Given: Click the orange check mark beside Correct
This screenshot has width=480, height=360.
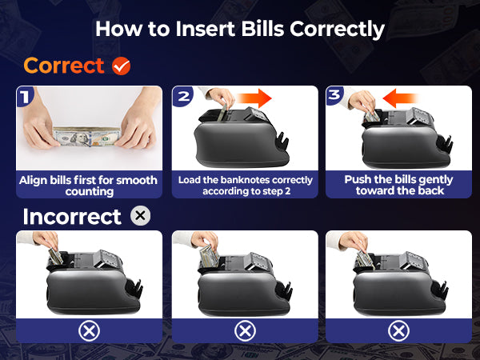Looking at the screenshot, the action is pyautogui.click(x=122, y=66).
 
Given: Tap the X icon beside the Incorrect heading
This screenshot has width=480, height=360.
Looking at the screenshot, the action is pyautogui.click(x=140, y=216).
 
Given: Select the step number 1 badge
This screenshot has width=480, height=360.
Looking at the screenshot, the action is pyautogui.click(x=25, y=97).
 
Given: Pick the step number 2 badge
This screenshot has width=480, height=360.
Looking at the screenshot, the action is pyautogui.click(x=183, y=97).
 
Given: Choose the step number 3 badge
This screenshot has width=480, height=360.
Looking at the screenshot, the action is pyautogui.click(x=335, y=96).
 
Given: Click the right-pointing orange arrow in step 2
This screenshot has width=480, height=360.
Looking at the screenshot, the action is pyautogui.click(x=254, y=98).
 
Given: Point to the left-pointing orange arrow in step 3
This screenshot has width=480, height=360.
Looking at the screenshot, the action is pyautogui.click(x=401, y=98).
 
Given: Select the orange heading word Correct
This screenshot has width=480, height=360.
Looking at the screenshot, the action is pyautogui.click(x=64, y=66).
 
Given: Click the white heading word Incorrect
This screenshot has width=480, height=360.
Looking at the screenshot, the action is pyautogui.click(x=72, y=217).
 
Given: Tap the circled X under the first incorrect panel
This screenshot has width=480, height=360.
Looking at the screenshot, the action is pyautogui.click(x=89, y=331).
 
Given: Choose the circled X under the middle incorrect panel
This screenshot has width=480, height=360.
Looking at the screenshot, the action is pyautogui.click(x=245, y=331).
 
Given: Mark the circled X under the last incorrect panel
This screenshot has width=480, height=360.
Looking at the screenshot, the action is pyautogui.click(x=398, y=331).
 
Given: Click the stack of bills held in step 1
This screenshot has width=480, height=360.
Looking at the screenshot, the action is pyautogui.click(x=86, y=137).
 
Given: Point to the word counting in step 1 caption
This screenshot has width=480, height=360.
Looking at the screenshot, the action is pyautogui.click(x=90, y=192).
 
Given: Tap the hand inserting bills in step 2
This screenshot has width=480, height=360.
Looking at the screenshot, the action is pyautogui.click(x=220, y=97).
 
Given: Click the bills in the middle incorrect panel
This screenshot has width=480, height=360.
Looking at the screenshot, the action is pyautogui.click(x=210, y=256).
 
